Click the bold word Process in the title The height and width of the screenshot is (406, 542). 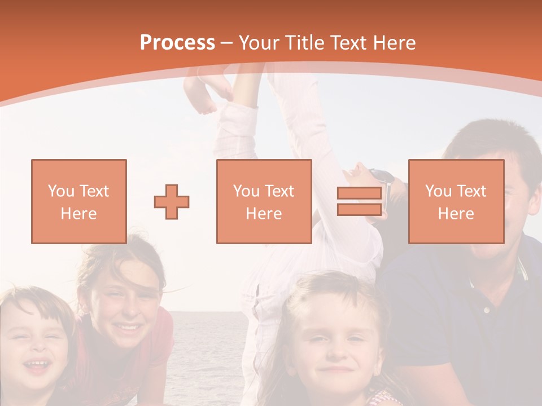point(177,43)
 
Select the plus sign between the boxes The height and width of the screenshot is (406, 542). point(172,201)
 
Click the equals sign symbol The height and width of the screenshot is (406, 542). point(359,201)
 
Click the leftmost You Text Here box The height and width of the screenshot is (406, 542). point(78,201)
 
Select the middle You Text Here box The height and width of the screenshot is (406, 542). point(264,201)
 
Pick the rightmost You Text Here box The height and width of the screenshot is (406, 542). point(456,201)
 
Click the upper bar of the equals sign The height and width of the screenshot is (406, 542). point(359,193)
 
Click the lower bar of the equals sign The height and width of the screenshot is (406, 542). point(359,209)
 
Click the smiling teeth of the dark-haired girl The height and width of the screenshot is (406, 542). point(129,327)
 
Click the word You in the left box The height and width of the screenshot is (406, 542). point(60,191)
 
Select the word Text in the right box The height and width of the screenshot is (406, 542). point(472,191)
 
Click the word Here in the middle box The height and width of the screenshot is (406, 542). point(264,213)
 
